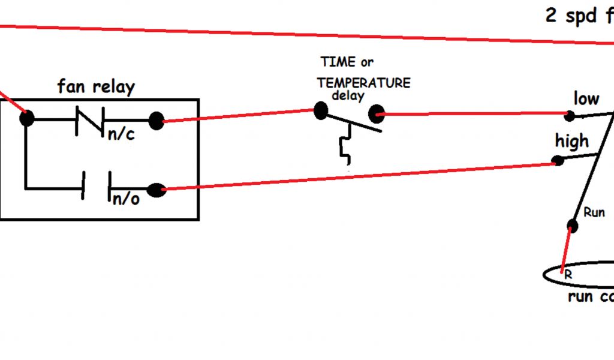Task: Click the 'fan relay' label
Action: [x=96, y=87]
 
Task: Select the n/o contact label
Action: [x=126, y=199]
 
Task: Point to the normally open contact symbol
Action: [x=96, y=187]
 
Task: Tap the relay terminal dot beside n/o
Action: [x=156, y=190]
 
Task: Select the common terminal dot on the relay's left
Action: [x=27, y=118]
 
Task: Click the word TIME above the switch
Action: [x=338, y=62]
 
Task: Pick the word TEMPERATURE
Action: [x=364, y=83]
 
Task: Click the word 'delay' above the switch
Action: [x=348, y=95]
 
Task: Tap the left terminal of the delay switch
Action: [x=321, y=110]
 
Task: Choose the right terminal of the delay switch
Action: [x=376, y=113]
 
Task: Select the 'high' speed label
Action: [x=571, y=142]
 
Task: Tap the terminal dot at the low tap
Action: [x=570, y=115]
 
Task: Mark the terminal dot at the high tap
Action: [x=558, y=161]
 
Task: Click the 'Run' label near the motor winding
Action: [x=594, y=212]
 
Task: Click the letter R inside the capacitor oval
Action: [x=567, y=274]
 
